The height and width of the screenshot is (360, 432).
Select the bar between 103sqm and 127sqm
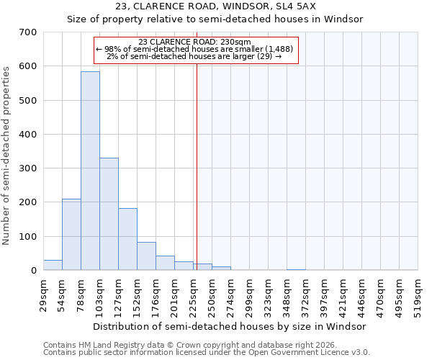tap(109, 214)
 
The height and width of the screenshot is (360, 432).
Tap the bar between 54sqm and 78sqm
tap(71, 234)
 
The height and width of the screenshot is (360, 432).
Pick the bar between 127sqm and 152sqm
tap(127, 239)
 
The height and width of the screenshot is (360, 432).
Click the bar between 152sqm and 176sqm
tap(146, 256)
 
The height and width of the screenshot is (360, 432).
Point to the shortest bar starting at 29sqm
tap(53, 265)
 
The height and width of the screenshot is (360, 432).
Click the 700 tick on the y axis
tap(28, 32)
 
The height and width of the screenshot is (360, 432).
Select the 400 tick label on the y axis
tap(28, 135)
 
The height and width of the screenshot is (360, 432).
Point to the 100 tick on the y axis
tap(28, 237)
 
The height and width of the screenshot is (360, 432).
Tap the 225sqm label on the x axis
tap(193, 294)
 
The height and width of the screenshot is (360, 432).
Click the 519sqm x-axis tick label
tap(418, 294)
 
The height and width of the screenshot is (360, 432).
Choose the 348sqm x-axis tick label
tap(287, 294)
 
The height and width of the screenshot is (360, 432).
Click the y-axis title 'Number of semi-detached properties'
tap(6, 155)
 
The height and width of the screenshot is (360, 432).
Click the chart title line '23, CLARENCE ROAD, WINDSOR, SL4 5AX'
tap(215, 6)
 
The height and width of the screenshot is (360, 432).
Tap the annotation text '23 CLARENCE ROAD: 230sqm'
tap(194, 42)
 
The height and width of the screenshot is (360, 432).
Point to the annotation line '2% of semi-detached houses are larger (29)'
tap(194, 56)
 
